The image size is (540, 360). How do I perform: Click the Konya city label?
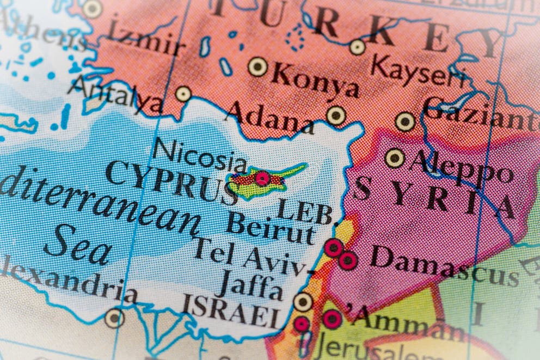[316, 81]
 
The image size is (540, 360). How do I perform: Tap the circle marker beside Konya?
[257, 66]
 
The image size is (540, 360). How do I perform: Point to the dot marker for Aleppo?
[395, 158]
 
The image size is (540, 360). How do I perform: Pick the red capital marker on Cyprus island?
[263, 178]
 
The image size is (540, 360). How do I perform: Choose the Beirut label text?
[271, 229]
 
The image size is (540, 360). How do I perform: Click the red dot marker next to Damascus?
[348, 260]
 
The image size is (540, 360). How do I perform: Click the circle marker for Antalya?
[183, 94]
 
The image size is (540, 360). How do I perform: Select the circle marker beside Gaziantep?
[405, 121]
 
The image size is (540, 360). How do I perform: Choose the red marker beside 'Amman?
[332, 319]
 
